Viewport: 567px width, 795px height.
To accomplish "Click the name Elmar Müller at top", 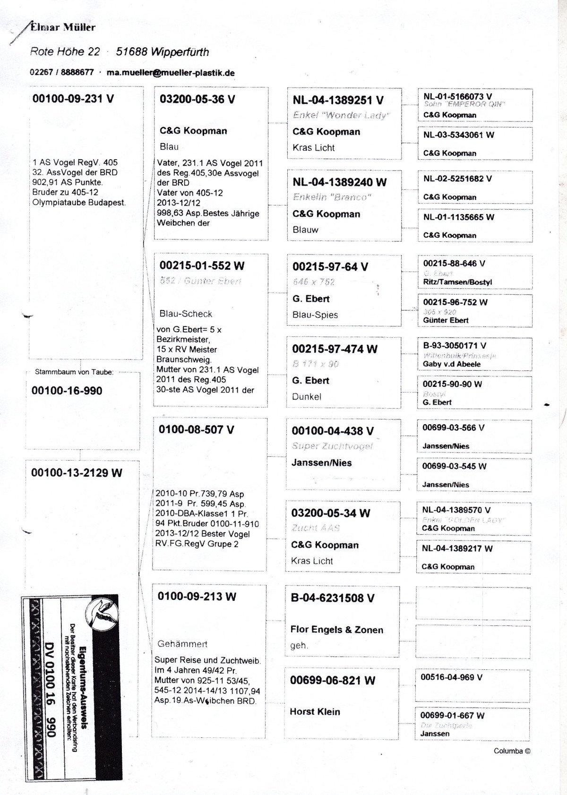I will (x=62, y=27).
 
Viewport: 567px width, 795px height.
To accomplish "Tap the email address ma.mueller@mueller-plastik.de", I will (x=171, y=73).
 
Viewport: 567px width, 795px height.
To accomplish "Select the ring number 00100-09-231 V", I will (x=73, y=99).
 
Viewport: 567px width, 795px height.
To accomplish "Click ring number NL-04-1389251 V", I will (x=338, y=100).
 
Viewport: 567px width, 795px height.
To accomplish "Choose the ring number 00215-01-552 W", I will (x=202, y=266).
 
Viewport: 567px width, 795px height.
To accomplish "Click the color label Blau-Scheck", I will (x=186, y=314).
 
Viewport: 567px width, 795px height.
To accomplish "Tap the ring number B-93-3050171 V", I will (x=454, y=346).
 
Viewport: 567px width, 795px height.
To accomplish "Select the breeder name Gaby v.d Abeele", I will (x=451, y=364).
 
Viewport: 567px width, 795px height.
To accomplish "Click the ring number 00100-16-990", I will (x=67, y=391).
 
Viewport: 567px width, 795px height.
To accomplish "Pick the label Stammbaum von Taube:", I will (x=74, y=372).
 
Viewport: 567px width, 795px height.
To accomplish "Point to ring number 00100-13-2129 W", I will (x=77, y=473).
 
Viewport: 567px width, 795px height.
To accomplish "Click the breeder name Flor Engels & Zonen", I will (x=336, y=630).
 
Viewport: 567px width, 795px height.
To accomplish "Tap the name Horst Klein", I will (x=315, y=712).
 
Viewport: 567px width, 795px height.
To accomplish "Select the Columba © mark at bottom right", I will (x=512, y=751).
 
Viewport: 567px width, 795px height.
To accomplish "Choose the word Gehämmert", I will (x=182, y=644).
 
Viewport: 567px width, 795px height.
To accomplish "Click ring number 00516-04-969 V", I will (x=451, y=677).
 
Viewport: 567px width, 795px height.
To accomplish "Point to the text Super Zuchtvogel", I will (x=332, y=446).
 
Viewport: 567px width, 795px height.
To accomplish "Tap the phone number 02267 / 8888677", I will (x=61, y=73).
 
